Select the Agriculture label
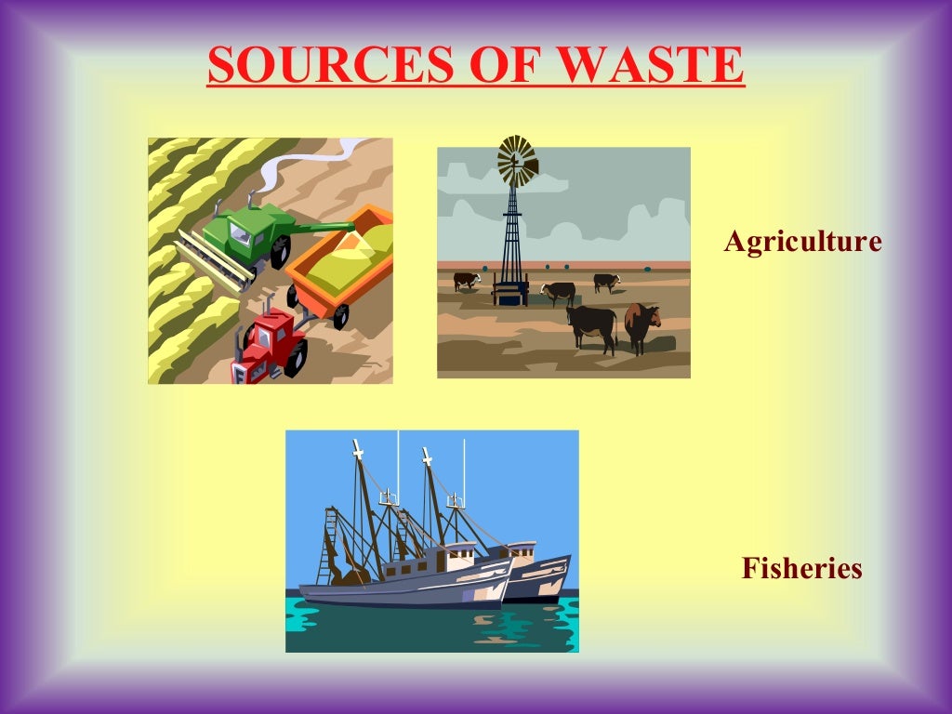pyautogui.click(x=802, y=242)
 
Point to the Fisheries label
pyautogui.click(x=801, y=568)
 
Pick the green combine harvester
pyautogui.click(x=244, y=232)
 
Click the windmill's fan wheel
pyautogui.click(x=517, y=161)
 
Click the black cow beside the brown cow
pyautogui.click(x=592, y=325)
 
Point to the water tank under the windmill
pyautogui.click(x=510, y=293)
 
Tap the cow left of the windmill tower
pyautogui.click(x=467, y=280)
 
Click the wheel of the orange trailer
pyautogui.click(x=340, y=316)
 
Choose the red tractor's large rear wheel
pyautogui.click(x=296, y=357)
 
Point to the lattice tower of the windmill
pyautogui.click(x=511, y=232)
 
